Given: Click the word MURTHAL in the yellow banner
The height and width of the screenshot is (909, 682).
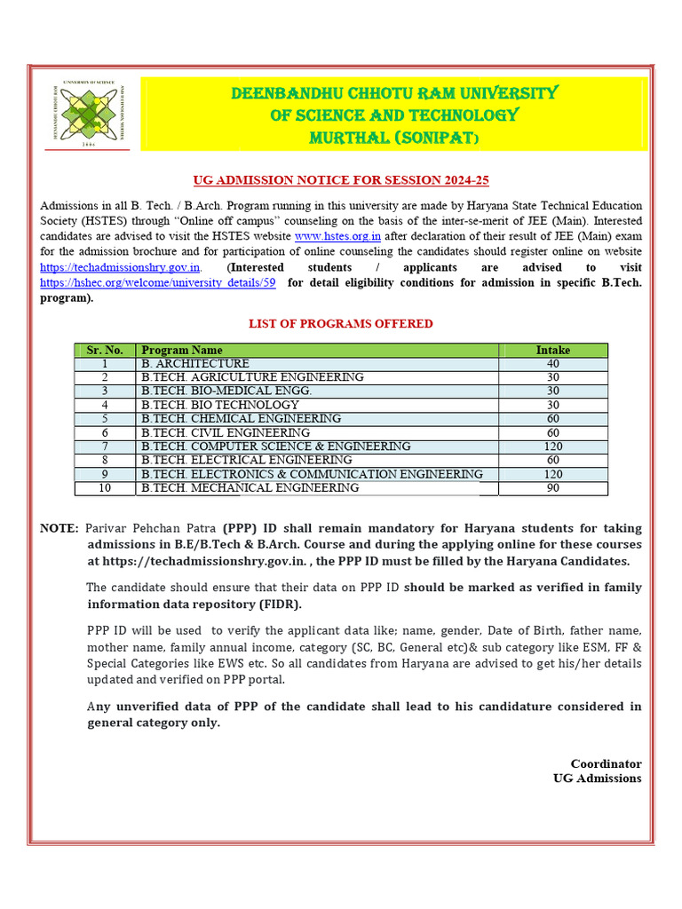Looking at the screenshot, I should click(x=347, y=138).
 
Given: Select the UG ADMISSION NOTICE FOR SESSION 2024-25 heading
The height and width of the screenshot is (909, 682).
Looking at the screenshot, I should click(x=341, y=180).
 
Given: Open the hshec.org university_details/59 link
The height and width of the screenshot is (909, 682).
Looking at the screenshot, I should click(x=158, y=283).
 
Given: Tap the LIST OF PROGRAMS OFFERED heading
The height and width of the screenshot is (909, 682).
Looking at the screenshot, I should click(x=341, y=324).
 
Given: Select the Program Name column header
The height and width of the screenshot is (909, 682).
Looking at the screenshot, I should click(x=182, y=351).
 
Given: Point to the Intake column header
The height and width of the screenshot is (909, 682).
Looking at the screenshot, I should click(x=553, y=351).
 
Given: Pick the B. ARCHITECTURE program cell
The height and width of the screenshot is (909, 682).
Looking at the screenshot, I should click(x=195, y=364).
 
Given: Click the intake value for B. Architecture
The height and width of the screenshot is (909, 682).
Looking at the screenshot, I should click(x=553, y=364).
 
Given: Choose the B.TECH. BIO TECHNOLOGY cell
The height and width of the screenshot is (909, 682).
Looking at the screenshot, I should click(x=220, y=405).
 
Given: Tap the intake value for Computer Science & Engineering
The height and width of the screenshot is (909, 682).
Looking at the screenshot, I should click(x=553, y=447).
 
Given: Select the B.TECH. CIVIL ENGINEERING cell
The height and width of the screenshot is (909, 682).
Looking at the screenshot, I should click(x=226, y=432).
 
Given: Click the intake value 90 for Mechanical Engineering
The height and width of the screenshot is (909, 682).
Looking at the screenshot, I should click(x=553, y=488).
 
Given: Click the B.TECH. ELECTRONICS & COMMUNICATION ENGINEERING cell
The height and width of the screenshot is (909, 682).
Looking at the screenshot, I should click(x=312, y=474).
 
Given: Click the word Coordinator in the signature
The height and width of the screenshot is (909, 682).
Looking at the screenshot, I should click(x=606, y=763).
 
